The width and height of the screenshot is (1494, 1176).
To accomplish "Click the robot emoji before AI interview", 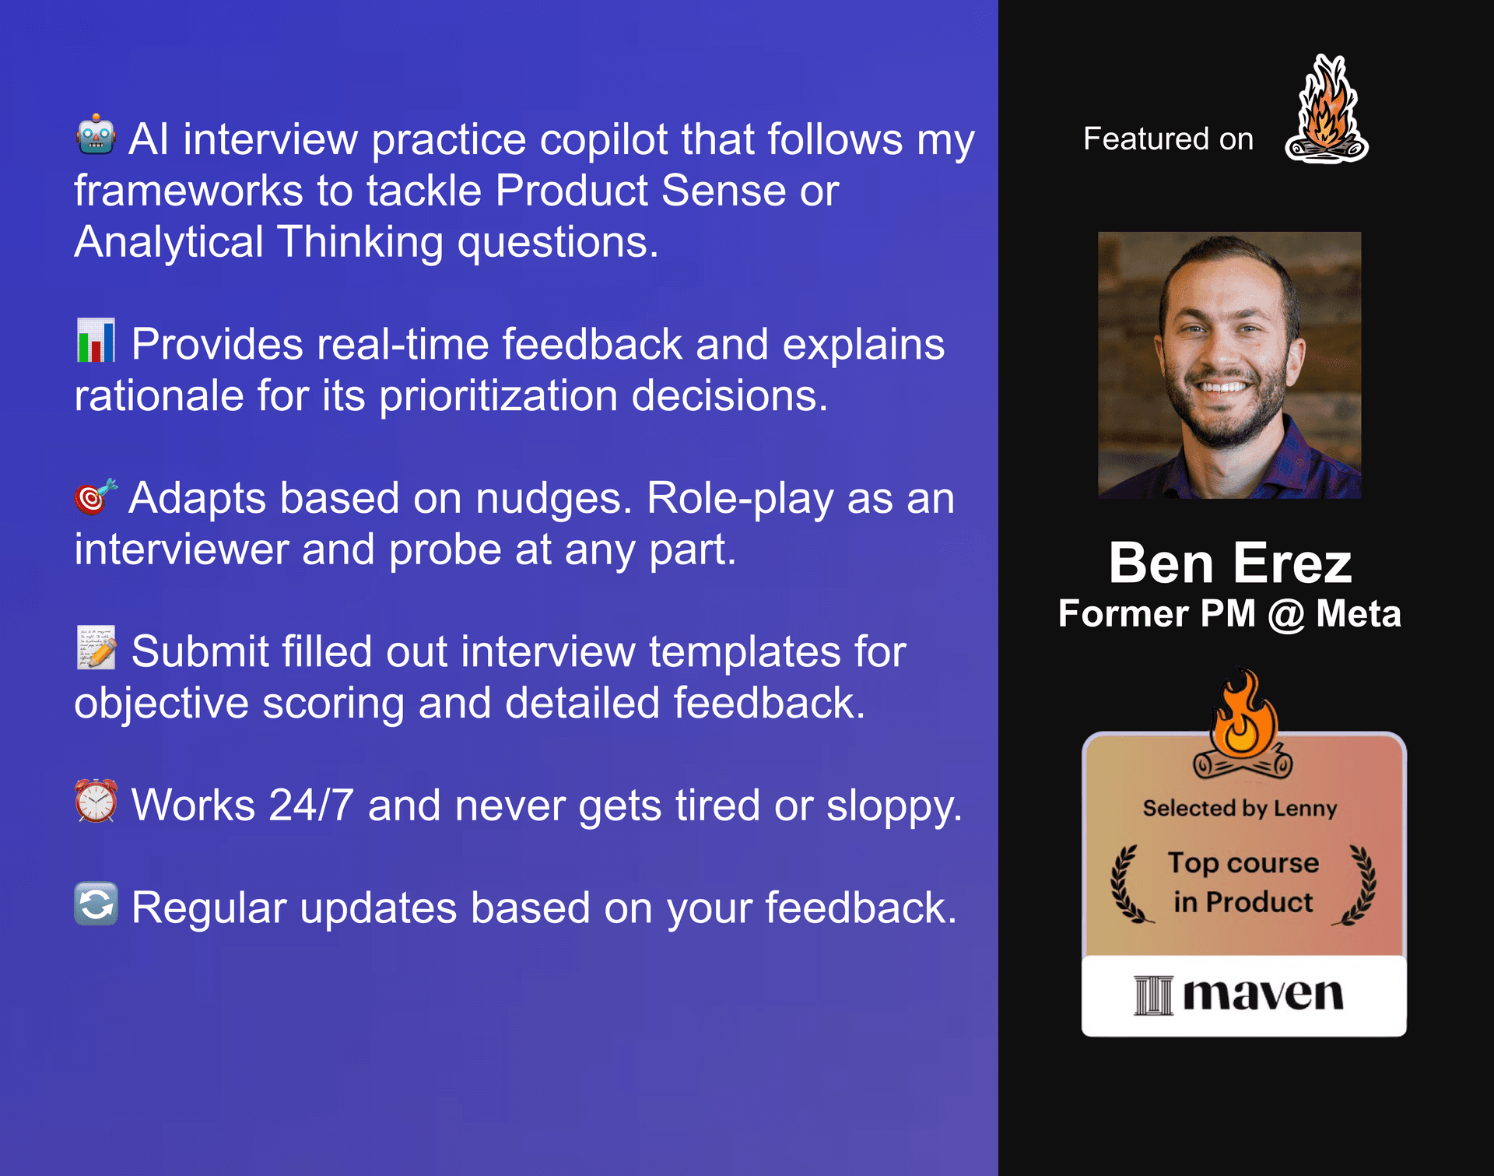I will (x=96, y=135).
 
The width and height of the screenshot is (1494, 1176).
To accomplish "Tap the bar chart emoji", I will (x=96, y=341).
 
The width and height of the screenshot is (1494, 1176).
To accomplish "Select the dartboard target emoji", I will (x=95, y=496).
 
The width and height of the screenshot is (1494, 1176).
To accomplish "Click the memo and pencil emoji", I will (x=96, y=648).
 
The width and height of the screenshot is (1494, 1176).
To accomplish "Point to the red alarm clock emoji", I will (x=96, y=801).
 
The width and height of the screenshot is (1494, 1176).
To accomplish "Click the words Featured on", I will (x=1168, y=139).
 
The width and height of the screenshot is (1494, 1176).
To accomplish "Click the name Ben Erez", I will (x=1230, y=563).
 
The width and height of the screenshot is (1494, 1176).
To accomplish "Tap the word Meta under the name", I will (x=1358, y=614).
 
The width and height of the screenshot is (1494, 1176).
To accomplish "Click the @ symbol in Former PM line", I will (x=1285, y=615).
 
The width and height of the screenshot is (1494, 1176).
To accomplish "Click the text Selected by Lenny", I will (x=1240, y=809).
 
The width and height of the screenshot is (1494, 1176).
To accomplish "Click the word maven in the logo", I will (x=1263, y=995).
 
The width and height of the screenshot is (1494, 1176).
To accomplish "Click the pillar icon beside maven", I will (x=1152, y=995).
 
